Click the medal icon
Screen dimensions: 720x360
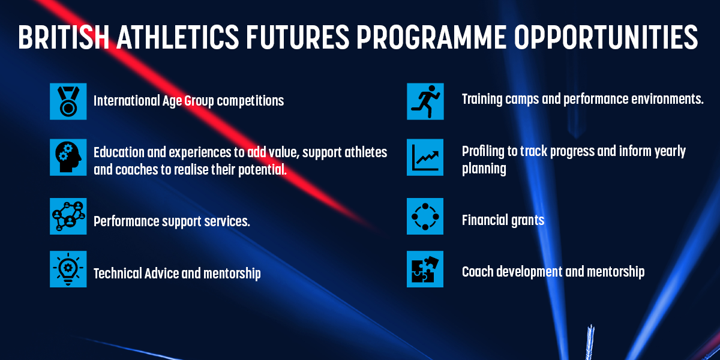68,101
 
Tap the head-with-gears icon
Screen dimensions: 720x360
68,157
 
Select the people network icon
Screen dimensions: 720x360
68,217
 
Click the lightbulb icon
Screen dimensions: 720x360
68,269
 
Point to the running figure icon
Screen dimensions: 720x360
425,101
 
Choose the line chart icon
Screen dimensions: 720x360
425,157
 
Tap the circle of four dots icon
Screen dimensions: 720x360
425,217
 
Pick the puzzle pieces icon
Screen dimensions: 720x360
425,269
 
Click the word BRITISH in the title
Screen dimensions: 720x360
64,37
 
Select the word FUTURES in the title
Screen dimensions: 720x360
298,37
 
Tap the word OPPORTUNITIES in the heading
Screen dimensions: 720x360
606,37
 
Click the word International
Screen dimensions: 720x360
127,100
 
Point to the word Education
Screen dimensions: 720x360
119,152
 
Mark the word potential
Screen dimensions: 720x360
262,170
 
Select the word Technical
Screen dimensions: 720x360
118,273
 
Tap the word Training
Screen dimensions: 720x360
482,100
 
